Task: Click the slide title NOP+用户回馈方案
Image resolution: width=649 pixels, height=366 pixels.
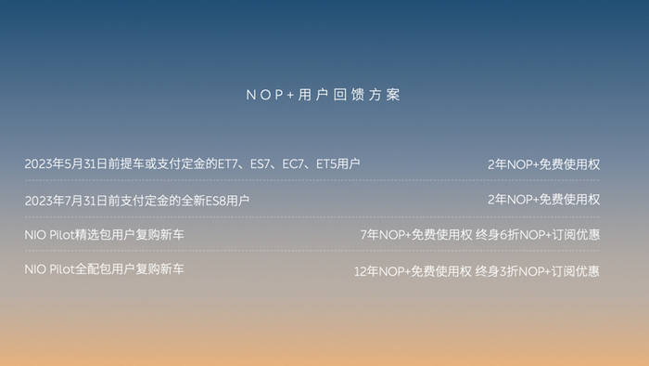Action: [x=324, y=96]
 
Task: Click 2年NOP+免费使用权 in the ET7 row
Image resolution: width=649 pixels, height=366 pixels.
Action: [x=543, y=164]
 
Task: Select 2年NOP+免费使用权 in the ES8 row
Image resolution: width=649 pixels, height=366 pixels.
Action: [x=543, y=200]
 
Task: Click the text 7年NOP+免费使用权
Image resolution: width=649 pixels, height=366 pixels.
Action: [x=416, y=235]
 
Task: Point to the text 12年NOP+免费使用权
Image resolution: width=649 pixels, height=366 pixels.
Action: [x=414, y=271]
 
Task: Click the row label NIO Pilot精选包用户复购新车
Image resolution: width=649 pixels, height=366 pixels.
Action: [x=104, y=235]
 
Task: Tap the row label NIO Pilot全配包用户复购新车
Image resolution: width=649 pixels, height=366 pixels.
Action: [x=104, y=270]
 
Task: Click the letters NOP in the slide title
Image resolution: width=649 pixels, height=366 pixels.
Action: [x=262, y=96]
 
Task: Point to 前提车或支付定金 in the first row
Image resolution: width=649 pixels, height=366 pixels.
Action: [x=157, y=164]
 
